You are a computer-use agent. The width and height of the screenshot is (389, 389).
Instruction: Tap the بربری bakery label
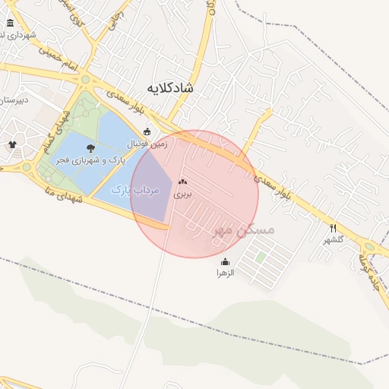[182, 194]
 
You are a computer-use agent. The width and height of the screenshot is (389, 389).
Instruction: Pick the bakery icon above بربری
[182, 182]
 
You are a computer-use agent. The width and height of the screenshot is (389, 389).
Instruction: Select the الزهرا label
[225, 271]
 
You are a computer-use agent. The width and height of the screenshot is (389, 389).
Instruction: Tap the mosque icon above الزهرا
[225, 261]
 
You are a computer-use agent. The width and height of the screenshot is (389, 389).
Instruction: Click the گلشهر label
[334, 239]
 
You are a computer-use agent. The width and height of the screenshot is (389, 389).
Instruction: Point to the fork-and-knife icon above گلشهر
[333, 228]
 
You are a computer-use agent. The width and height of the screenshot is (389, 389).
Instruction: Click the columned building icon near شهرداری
[11, 23]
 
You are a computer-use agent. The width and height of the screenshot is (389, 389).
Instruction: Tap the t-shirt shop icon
[12, 144]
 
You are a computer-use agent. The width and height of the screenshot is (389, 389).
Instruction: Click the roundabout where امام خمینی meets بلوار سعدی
[85, 79]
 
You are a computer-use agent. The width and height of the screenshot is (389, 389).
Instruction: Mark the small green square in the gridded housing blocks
[261, 258]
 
